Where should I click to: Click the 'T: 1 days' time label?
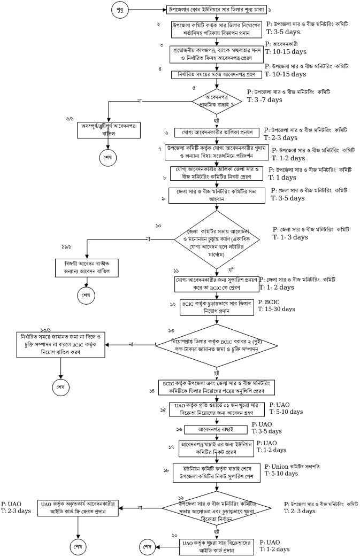click(x=282, y=177)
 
